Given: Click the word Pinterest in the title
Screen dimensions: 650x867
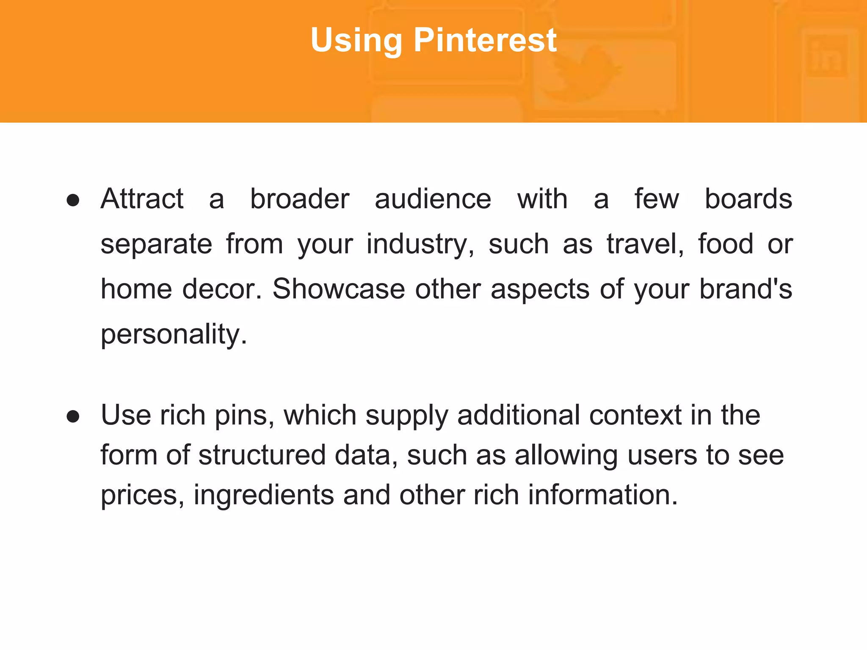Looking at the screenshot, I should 485,40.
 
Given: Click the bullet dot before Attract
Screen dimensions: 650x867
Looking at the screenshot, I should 73,200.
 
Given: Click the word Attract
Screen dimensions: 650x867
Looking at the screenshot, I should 142,198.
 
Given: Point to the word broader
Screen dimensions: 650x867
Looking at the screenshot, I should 300,198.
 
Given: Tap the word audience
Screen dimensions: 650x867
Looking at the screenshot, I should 433,198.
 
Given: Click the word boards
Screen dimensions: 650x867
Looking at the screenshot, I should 748,198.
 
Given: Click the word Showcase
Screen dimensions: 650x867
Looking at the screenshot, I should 339,289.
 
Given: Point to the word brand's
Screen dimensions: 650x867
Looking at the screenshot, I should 745,289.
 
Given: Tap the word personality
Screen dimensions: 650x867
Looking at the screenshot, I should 174,335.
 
